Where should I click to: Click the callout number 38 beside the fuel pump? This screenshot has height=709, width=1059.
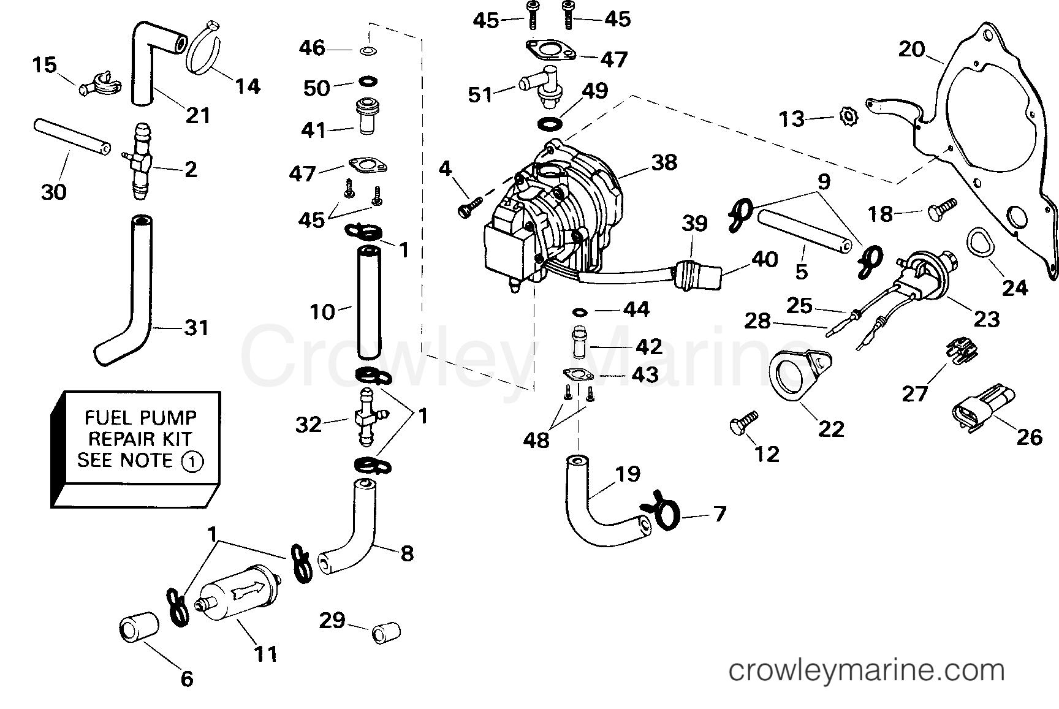click(664, 162)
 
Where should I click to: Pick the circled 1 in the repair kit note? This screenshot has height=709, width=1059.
click(192, 461)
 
